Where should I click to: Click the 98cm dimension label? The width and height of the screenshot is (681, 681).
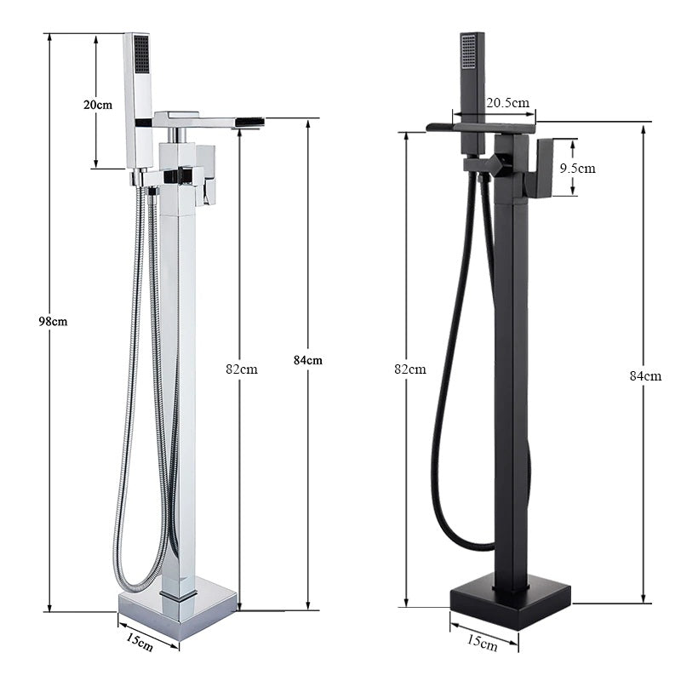click(x=53, y=321)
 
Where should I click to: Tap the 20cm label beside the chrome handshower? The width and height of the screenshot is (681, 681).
click(x=97, y=105)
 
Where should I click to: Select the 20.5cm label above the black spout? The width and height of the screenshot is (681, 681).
click(x=506, y=102)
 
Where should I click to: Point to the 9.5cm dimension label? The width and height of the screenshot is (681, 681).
click(x=577, y=168)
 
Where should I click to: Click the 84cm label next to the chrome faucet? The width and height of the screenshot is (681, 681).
click(x=307, y=360)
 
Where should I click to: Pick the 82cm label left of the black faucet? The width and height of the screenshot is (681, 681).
click(x=410, y=369)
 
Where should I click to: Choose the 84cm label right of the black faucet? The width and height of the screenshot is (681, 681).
click(x=645, y=375)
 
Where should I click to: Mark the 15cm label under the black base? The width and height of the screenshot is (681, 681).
click(x=483, y=644)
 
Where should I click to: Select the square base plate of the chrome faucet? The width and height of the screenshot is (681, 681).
click(x=177, y=608)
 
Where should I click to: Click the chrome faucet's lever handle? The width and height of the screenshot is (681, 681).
click(x=205, y=173)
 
